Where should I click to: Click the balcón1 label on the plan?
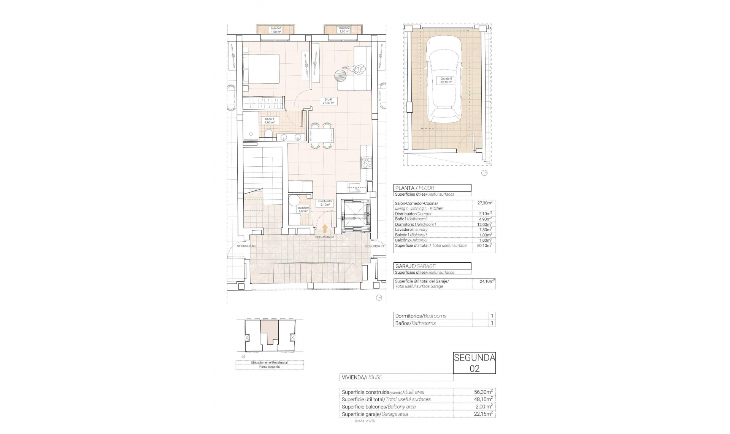[x=276, y=30]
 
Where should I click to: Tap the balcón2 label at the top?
[x=344, y=30]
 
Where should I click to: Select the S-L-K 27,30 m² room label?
[x=328, y=101]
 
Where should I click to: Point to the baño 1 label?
[x=270, y=121]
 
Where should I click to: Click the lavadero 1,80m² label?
[x=303, y=209]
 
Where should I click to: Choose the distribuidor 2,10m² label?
[x=325, y=203]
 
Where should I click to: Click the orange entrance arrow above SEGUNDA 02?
[x=325, y=228]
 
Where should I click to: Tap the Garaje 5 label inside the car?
[x=446, y=80]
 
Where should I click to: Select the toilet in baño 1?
[x=269, y=134]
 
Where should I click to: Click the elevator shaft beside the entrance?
[x=355, y=216]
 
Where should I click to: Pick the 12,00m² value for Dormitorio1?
[x=485, y=224]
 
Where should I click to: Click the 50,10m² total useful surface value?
[x=485, y=246]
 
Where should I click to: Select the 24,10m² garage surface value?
[x=487, y=281]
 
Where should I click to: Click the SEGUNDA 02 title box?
[x=474, y=363]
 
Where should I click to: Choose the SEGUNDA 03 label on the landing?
[x=246, y=246]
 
